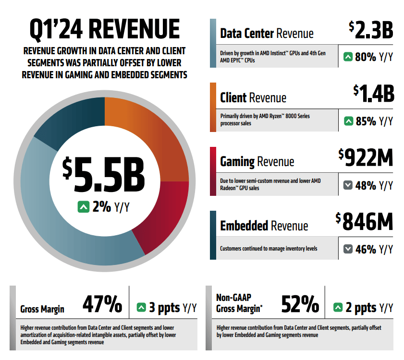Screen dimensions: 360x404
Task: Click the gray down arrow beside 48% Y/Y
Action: pos(348,185)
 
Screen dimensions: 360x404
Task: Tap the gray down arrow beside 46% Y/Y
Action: pos(348,250)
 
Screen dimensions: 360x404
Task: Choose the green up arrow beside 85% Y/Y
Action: pos(348,121)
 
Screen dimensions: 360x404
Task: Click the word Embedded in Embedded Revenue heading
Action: pos(244,226)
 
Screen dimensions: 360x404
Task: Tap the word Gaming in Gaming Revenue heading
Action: pos(237,162)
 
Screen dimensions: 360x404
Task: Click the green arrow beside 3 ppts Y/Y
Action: pos(141,307)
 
